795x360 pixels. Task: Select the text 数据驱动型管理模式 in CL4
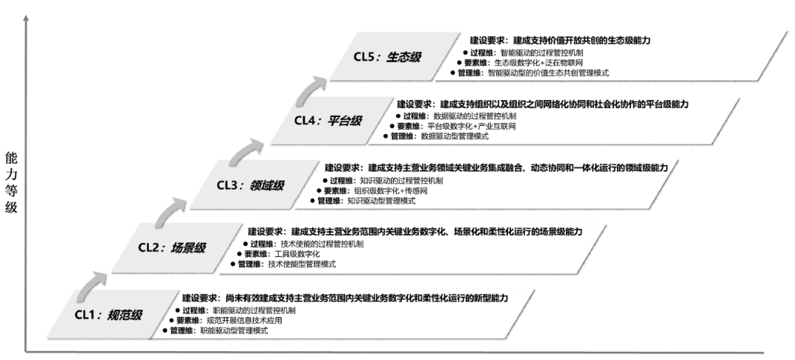pos(454,136)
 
